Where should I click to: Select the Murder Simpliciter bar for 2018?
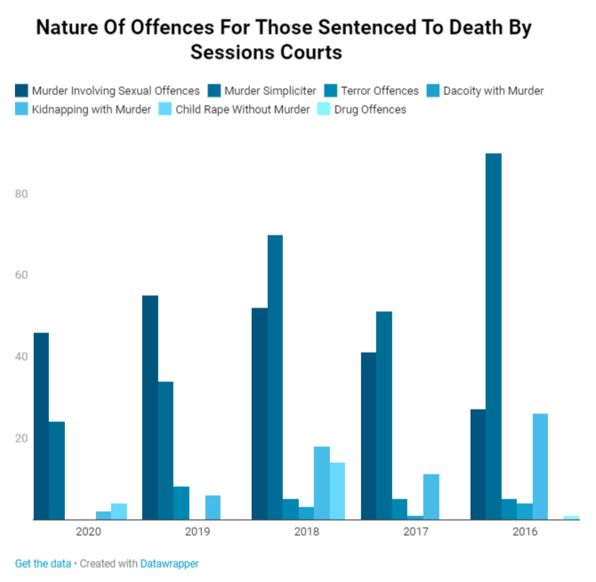pyautogui.click(x=275, y=377)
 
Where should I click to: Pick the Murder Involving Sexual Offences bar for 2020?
pyautogui.click(x=41, y=426)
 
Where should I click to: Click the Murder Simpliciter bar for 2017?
pyautogui.click(x=384, y=415)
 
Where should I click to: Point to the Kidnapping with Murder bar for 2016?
pyautogui.click(x=540, y=466)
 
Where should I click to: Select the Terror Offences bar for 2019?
pyautogui.click(x=181, y=503)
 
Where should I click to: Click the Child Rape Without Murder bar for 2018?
pyautogui.click(x=337, y=490)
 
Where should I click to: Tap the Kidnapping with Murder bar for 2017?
pyautogui.click(x=431, y=497)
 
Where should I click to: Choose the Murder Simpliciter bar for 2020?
pyautogui.click(x=57, y=470)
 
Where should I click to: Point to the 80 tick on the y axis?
pyautogui.click(x=21, y=194)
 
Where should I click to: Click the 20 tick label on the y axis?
pyautogui.click(x=21, y=438)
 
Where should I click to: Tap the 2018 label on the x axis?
pyautogui.click(x=306, y=531)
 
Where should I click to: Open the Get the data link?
pyautogui.click(x=41, y=563)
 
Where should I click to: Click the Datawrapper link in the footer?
pyautogui.click(x=169, y=563)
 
